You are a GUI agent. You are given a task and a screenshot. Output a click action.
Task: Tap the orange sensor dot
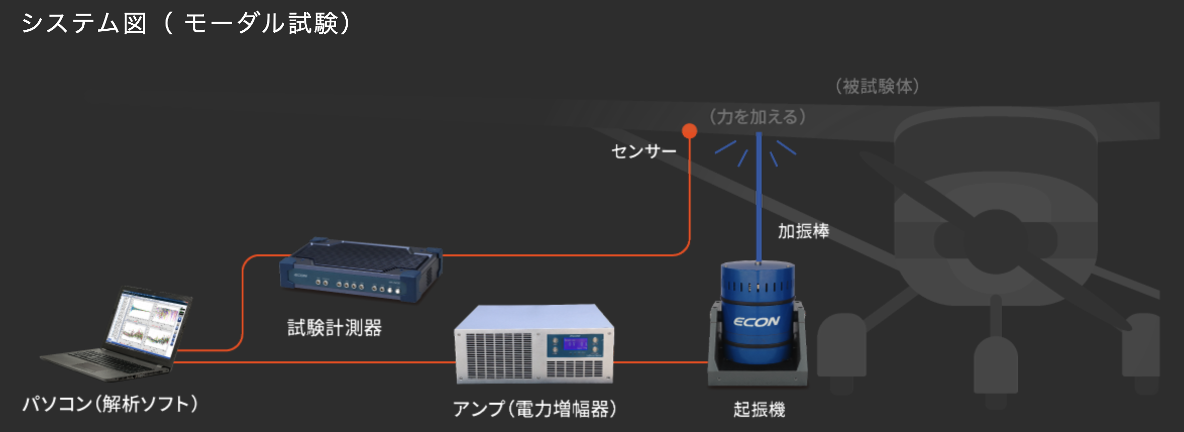689,131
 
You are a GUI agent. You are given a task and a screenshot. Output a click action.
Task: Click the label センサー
643,151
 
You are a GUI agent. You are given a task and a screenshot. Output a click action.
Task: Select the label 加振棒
803,231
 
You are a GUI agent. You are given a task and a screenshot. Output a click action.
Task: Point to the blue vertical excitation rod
759,202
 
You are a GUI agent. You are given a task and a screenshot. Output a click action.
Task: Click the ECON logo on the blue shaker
756,322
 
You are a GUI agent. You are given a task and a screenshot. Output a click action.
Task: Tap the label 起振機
759,409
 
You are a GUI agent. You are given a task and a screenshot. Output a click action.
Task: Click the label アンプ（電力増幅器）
534,409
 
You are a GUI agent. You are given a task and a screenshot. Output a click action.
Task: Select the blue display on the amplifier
575,344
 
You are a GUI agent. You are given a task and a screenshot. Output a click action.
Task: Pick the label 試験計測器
334,328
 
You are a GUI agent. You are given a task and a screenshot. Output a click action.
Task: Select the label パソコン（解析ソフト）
110,404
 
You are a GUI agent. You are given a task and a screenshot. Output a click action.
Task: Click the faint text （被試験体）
877,86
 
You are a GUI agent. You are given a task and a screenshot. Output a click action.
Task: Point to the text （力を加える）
758,117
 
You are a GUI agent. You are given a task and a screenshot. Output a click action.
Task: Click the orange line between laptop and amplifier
313,362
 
